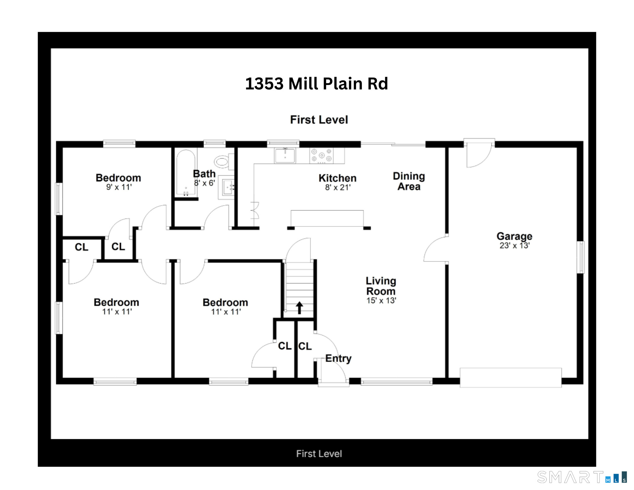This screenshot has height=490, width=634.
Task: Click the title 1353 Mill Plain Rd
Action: [x=316, y=84]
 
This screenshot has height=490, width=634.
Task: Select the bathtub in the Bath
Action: [x=186, y=173]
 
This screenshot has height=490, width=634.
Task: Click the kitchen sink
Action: [x=285, y=155]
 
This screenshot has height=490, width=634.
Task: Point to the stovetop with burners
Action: [x=322, y=156]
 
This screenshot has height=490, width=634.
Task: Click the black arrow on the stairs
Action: [x=299, y=308]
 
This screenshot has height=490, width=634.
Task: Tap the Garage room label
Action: [x=514, y=236]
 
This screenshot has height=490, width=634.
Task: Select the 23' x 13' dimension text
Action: [x=514, y=245]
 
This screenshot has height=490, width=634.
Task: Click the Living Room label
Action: [x=381, y=286]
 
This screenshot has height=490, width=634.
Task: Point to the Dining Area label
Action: [x=409, y=181]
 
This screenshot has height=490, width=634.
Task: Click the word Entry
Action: [x=338, y=358]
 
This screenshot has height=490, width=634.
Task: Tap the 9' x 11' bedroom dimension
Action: [x=119, y=187]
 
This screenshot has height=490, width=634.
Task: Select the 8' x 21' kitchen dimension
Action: [x=337, y=187]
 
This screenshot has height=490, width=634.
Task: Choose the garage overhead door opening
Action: [x=510, y=377]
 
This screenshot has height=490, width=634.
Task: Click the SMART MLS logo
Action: [x=582, y=477]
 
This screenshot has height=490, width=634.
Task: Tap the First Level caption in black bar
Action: [x=319, y=454]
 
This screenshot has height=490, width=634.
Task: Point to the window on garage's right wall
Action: [x=580, y=257]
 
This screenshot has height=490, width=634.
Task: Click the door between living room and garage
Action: [x=436, y=249]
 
